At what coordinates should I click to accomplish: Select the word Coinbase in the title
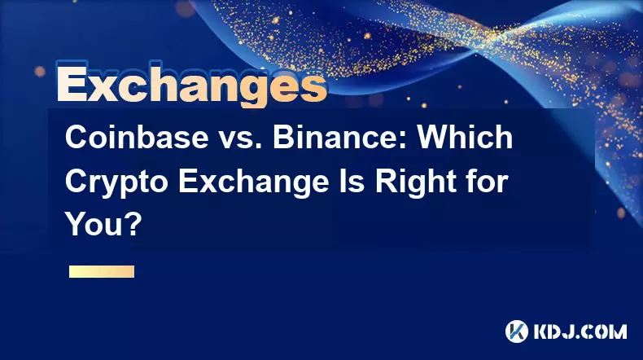coord(137,137)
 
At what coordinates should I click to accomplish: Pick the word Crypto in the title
coord(116,183)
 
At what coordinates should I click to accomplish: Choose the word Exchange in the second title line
coord(253,183)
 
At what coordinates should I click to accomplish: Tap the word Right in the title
coord(415,183)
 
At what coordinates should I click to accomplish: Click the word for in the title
coord(488,182)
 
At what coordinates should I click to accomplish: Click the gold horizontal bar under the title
coord(102,272)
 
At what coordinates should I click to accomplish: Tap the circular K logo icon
coord(517,331)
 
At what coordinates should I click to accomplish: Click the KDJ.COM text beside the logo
coord(580,331)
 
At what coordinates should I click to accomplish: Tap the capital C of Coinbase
coord(77,137)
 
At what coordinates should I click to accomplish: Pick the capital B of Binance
coord(284,137)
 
